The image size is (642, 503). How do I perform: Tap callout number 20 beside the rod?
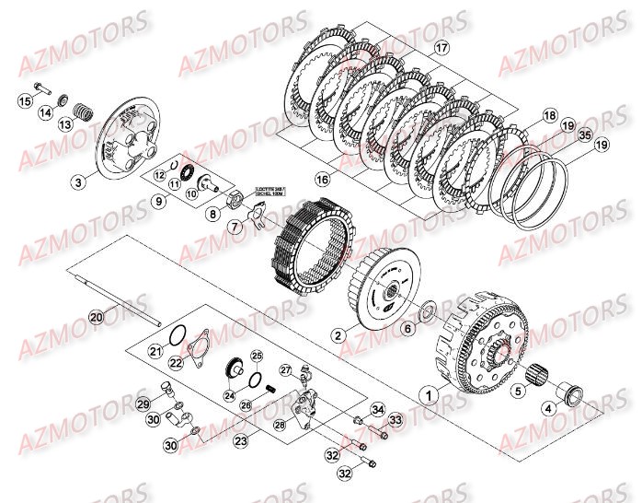click(97, 316)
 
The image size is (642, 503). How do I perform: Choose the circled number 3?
click(79, 182)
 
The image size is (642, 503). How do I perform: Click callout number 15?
click(25, 101)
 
